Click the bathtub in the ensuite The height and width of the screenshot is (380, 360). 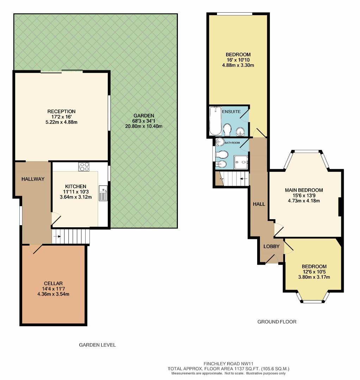(x=215, y=121)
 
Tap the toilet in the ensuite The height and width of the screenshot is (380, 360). (x=227, y=129)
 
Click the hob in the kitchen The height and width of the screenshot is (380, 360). (x=84, y=166)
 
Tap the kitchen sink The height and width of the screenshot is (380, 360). (x=103, y=193)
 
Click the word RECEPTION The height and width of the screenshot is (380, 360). (x=62, y=112)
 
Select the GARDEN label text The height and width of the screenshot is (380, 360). (x=144, y=116)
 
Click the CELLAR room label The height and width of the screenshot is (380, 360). (x=54, y=283)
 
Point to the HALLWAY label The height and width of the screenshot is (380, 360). (x=33, y=179)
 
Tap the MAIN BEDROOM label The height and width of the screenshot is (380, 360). (x=304, y=190)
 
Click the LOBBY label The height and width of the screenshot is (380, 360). (x=272, y=246)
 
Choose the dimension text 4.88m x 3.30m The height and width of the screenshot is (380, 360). (x=238, y=65)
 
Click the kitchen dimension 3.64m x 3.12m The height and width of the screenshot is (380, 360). (x=75, y=197)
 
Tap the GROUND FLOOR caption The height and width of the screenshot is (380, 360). (x=277, y=322)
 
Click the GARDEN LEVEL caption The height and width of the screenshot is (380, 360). (x=97, y=345)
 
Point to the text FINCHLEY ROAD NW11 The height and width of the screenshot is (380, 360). (x=229, y=363)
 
